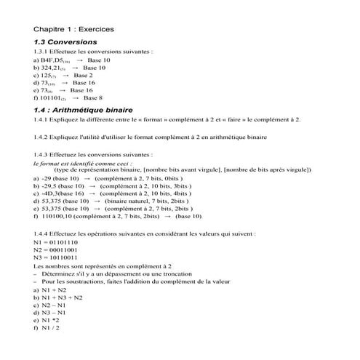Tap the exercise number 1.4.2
click(x=44, y=137)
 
